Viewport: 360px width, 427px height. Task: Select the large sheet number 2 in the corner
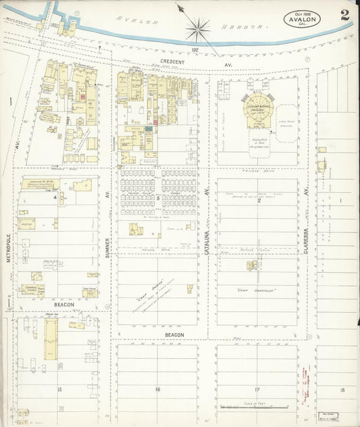[x=344, y=14]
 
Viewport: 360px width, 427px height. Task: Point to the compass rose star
[x=198, y=29]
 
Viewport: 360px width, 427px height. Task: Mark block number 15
[x=59, y=390]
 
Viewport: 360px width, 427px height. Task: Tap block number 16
[x=157, y=390]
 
